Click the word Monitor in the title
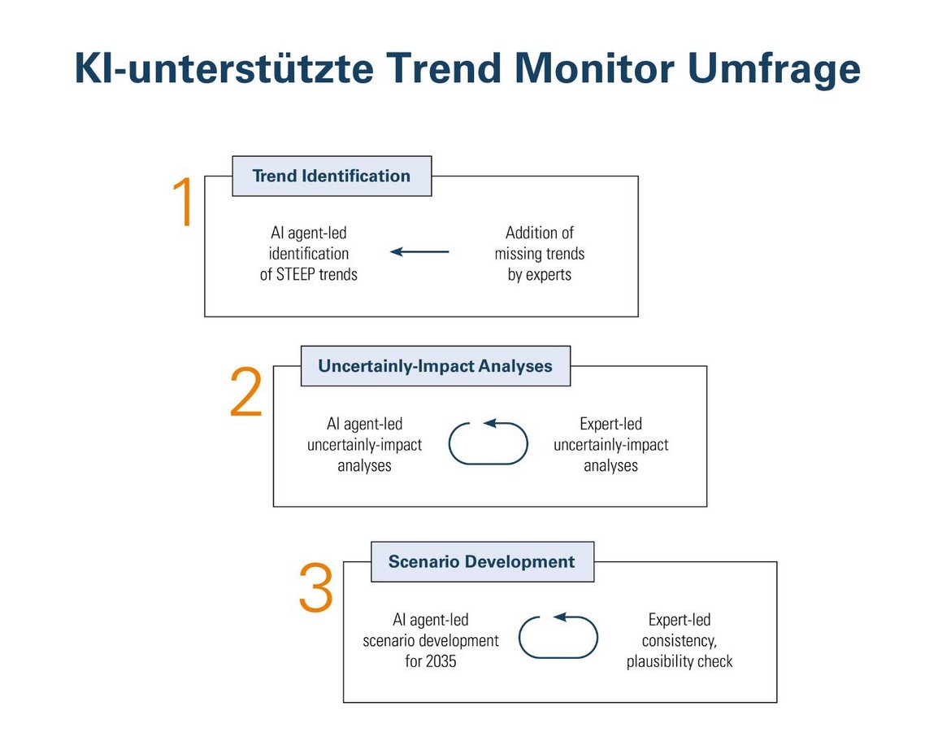[x=594, y=68]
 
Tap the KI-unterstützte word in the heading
[x=224, y=68]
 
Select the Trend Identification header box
[x=332, y=176]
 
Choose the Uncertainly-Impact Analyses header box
[x=436, y=366]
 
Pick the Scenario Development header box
[x=482, y=561]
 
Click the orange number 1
[x=183, y=203]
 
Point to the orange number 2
[x=246, y=392]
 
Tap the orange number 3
[x=316, y=587]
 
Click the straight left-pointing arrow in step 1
[x=419, y=251]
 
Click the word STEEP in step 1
[x=295, y=274]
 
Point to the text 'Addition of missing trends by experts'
[x=539, y=254]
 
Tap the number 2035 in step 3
[x=440, y=661]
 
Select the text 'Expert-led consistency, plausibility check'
[x=680, y=640]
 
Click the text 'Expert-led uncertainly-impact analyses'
[x=610, y=444]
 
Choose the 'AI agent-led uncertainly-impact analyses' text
[x=364, y=444]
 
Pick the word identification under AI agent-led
[x=309, y=254]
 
